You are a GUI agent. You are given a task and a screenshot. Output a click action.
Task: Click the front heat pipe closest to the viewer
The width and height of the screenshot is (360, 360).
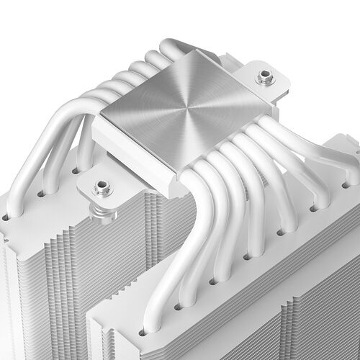point(162,274)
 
